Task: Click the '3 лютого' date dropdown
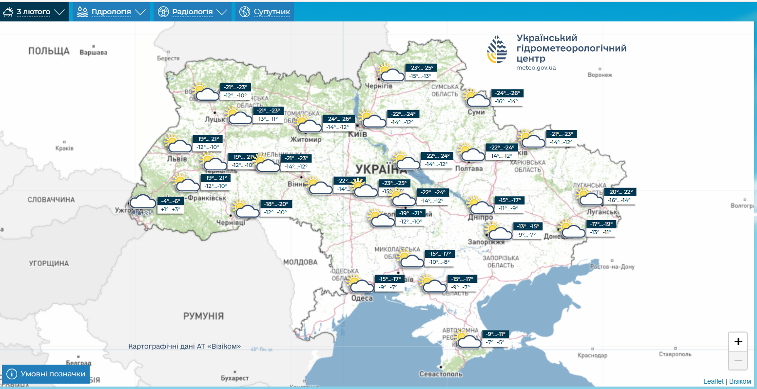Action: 34,12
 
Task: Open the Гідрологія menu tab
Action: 111,12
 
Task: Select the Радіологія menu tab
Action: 193,12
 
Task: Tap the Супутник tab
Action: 265,12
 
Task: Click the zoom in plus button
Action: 738,342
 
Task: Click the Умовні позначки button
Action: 46,374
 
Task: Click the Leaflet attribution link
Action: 713,381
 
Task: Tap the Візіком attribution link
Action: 740,381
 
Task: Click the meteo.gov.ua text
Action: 536,68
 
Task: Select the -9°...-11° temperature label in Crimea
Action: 496,334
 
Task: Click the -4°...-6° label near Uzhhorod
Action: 171,201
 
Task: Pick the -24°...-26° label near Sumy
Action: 507,93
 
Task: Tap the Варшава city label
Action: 93,53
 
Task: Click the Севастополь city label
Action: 441,374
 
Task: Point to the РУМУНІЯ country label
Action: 203,316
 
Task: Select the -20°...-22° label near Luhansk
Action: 620,192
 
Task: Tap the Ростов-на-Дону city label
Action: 612,267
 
